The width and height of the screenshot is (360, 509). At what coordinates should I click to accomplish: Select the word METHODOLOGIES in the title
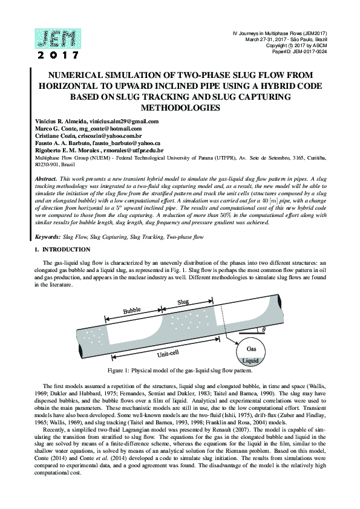pyautogui.click(x=180, y=108)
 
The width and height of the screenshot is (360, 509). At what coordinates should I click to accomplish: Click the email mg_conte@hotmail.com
pyautogui.click(x=113, y=129)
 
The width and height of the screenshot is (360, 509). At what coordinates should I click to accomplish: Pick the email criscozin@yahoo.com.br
pyautogui.click(x=110, y=136)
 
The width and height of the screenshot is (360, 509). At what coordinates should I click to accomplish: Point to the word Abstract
pyautogui.click(x=46, y=179)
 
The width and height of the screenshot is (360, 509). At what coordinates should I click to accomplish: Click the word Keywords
pyautogui.click(x=47, y=237)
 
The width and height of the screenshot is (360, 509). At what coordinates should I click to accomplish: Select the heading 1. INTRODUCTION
pyautogui.click(x=62, y=250)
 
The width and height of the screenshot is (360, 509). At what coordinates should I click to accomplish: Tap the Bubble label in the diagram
pyautogui.click(x=131, y=311)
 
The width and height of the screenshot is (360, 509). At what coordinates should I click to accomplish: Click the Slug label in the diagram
pyautogui.click(x=183, y=302)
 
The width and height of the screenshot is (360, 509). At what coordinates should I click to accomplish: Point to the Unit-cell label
pyautogui.click(x=168, y=354)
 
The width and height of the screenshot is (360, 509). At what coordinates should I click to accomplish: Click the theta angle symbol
pyautogui.click(x=264, y=329)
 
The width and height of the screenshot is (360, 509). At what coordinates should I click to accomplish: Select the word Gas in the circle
pyautogui.click(x=251, y=349)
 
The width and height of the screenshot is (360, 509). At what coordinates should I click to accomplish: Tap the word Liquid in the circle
pyautogui.click(x=250, y=361)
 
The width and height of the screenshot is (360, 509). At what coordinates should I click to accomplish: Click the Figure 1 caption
pyautogui.click(x=180, y=371)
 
